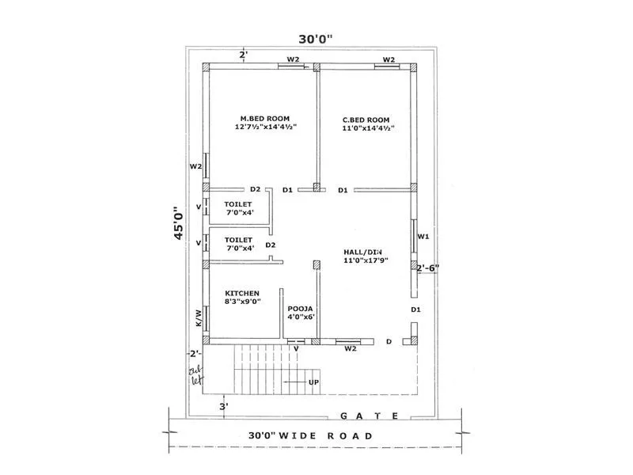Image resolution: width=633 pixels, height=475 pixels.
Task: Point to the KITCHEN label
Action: (x=242, y=292)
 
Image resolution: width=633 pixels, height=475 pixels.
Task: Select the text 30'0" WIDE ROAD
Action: (x=309, y=435)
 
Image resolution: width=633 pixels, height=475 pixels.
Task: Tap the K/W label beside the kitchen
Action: (x=199, y=317)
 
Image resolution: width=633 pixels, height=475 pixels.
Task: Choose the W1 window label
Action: (x=423, y=236)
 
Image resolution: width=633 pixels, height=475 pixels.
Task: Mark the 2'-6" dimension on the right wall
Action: (x=428, y=268)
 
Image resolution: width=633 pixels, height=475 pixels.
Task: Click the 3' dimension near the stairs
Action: (x=225, y=407)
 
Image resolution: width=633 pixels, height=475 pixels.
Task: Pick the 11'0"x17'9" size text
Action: (x=366, y=260)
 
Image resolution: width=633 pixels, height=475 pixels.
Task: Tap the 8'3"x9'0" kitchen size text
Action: (x=243, y=301)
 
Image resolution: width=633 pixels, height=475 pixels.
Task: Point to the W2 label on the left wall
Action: (x=195, y=167)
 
